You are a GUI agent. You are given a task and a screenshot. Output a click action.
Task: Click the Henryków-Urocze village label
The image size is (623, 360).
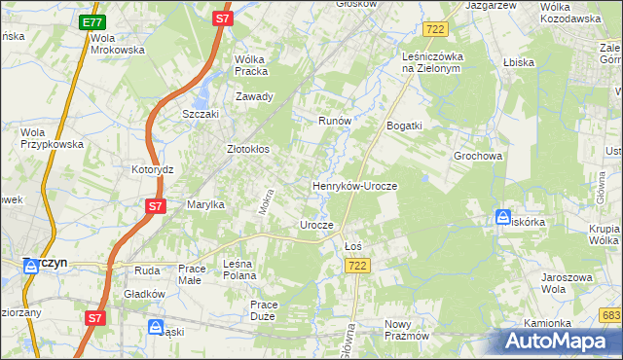[354, 185]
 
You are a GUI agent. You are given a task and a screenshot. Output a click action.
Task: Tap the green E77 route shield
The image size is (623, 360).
[92, 22]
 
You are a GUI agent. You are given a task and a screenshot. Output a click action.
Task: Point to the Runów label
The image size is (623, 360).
[334, 121]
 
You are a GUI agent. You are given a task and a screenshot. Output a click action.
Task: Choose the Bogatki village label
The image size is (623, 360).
[404, 126]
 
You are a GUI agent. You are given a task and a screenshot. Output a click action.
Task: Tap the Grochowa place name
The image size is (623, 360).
[477, 156]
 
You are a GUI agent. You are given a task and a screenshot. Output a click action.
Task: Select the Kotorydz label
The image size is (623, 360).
[152, 168]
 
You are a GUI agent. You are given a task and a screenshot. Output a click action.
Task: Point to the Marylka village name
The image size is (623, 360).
[205, 204]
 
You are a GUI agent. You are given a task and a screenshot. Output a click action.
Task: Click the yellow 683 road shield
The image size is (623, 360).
[611, 315]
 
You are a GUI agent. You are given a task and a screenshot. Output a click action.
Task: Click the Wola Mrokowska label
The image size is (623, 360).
[117, 44]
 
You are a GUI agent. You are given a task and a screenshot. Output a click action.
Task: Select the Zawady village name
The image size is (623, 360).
[255, 96]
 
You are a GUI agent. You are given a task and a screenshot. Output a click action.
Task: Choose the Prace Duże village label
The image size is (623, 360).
[264, 310]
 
